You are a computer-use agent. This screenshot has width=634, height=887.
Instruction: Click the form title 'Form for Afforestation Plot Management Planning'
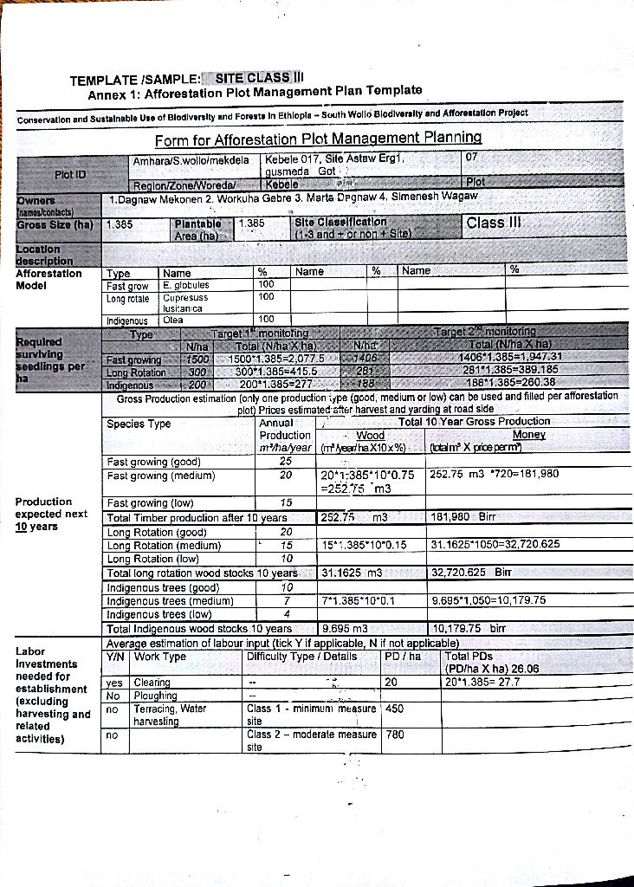coord(318,139)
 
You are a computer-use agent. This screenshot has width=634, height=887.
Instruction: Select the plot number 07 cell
coord(471,159)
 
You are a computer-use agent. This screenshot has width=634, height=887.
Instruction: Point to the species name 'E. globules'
coord(185,284)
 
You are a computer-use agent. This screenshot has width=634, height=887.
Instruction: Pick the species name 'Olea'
coord(173,320)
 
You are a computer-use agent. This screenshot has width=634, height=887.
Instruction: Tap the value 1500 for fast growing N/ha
coord(198,359)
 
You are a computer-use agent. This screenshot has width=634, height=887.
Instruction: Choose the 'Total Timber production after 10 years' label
coord(197,518)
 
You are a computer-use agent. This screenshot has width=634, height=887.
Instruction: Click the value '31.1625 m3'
coord(352,573)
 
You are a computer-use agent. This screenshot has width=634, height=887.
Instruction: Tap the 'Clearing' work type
coord(152,682)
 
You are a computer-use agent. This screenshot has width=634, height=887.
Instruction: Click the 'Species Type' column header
coord(139,424)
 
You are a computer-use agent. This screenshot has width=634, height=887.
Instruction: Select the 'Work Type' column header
coord(160,657)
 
